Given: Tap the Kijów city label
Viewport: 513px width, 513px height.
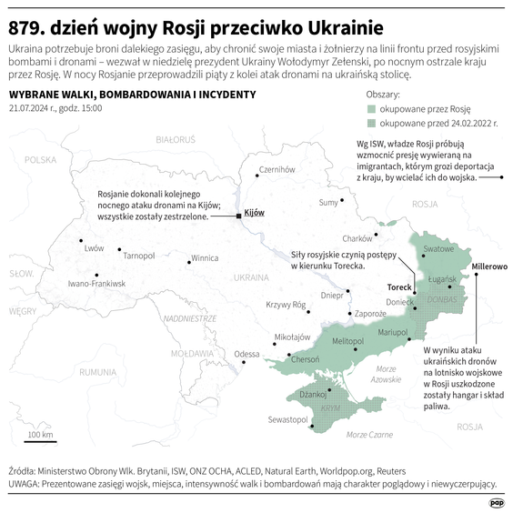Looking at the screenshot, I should click(255, 212).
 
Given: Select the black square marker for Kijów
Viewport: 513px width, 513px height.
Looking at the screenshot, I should click(239, 216).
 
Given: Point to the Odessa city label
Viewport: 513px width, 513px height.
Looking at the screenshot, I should click(246, 354).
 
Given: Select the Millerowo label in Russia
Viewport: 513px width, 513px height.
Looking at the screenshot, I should click(488, 267).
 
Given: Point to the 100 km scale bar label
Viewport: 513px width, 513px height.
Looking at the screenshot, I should click(40, 434).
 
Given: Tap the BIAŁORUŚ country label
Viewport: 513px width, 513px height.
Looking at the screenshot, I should click(176, 140).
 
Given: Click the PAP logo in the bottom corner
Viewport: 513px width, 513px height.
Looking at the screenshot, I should click(497, 501).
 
